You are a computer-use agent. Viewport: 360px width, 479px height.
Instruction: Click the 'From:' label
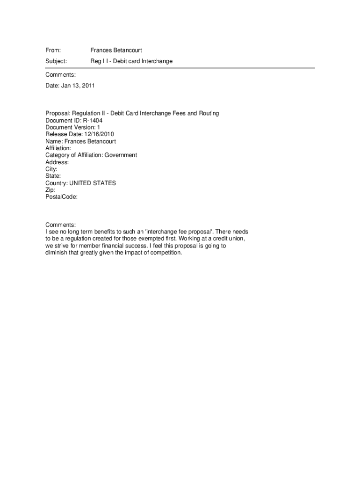53,50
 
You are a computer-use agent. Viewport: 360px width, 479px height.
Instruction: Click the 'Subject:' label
56,61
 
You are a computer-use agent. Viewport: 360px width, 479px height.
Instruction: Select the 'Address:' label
57,162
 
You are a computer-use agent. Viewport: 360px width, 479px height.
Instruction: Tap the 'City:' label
51,169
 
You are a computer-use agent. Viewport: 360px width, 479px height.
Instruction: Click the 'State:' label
53,176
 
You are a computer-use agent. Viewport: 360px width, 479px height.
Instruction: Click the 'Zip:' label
50,190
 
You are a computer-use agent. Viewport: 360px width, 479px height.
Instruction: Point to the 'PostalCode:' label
61,197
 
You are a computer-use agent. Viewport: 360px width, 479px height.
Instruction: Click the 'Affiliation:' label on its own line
58,148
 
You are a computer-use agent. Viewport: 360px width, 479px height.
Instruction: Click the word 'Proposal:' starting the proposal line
58,113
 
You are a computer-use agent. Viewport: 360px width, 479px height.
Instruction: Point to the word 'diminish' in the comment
56,253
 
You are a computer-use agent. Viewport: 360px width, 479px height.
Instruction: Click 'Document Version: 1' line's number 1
99,127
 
